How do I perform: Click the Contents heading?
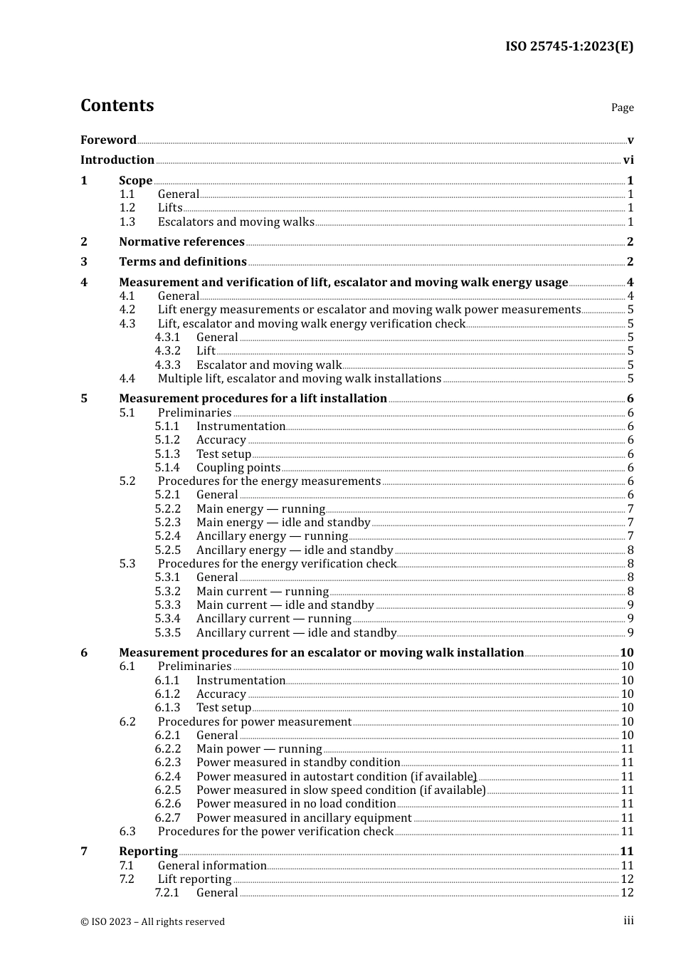tap(117, 105)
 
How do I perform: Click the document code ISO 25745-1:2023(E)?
tap(569, 46)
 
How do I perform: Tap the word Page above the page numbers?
tap(622, 108)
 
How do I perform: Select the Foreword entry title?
tap(108, 140)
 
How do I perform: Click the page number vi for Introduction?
tap(628, 160)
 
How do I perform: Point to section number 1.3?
tap(127, 221)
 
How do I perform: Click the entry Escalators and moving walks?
tap(236, 221)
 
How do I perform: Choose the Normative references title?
tap(181, 241)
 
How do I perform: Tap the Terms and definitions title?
tap(183, 262)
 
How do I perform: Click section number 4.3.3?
tap(167, 365)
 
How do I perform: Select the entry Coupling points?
tap(238, 468)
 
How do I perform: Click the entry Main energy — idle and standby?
tap(283, 523)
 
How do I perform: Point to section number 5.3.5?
tap(167, 632)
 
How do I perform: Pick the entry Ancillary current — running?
tap(273, 619)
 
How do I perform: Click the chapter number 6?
tap(84, 652)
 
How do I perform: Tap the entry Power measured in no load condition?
tap(296, 804)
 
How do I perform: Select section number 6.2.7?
tap(167, 817)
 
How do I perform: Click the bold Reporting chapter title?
tap(148, 852)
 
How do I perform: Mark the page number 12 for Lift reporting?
tap(627, 879)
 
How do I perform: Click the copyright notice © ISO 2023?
tap(152, 921)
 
